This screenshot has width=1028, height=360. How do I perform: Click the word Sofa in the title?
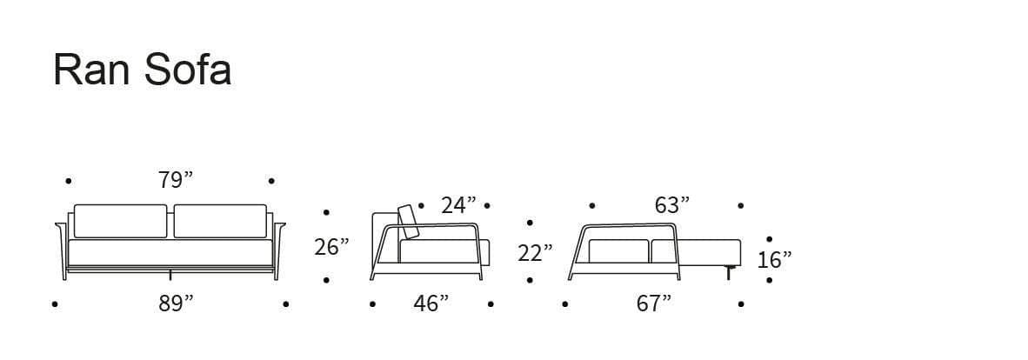[x=188, y=70]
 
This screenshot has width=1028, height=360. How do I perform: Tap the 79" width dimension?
[x=176, y=180]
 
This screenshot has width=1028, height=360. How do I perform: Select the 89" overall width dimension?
[x=176, y=303]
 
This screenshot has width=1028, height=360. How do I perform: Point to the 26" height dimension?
[x=331, y=247]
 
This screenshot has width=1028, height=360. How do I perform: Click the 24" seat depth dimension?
[x=458, y=205]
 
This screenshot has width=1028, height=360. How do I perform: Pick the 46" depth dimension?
[x=431, y=303]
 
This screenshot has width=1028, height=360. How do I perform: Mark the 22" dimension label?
[x=535, y=253]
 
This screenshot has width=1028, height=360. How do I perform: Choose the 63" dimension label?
[x=671, y=205]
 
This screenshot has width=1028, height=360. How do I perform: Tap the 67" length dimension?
[x=654, y=303]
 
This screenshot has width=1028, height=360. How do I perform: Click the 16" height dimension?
[x=774, y=259]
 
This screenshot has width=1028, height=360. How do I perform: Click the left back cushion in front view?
[x=120, y=221]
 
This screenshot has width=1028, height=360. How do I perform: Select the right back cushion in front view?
[x=220, y=221]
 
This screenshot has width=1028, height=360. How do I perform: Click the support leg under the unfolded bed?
[x=728, y=273]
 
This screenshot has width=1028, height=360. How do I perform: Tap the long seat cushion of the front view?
[x=170, y=252]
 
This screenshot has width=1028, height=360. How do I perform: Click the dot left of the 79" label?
[x=69, y=181]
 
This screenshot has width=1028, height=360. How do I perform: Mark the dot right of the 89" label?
[x=286, y=304]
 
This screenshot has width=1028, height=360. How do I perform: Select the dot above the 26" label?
[x=326, y=211]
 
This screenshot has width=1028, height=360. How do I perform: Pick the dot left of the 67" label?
[x=565, y=304]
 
